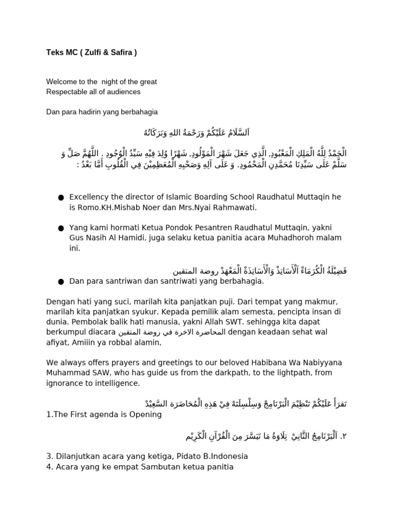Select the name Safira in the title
coord(118,54)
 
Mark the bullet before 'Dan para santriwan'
coord(61,281)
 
